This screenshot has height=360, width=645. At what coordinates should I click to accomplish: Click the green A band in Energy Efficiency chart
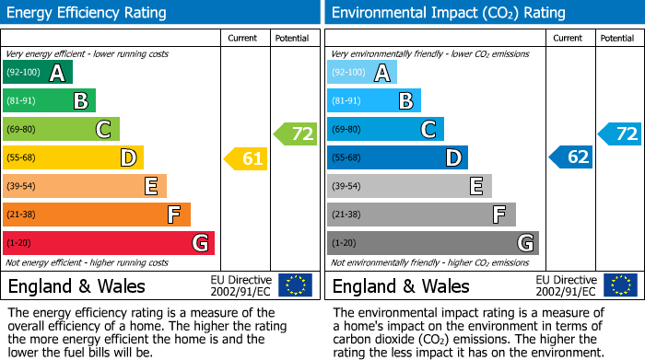pyautogui.click(x=38, y=73)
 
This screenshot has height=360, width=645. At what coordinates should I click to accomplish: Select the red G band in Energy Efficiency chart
pyautogui.click(x=109, y=243)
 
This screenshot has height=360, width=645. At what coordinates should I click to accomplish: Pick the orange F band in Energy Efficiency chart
pyautogui.click(x=97, y=215)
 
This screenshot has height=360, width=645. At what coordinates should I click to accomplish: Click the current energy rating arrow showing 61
pyautogui.click(x=246, y=158)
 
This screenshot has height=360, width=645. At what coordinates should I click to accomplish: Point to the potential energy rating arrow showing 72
pyautogui.click(x=296, y=134)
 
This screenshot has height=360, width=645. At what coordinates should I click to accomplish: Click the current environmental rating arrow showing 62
pyautogui.click(x=571, y=157)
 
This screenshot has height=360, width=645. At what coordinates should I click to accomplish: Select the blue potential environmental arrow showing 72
pyautogui.click(x=620, y=134)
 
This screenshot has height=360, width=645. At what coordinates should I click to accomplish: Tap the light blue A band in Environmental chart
pyautogui.click(x=362, y=73)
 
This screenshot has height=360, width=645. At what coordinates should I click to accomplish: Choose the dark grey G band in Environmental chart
pyautogui.click(x=433, y=243)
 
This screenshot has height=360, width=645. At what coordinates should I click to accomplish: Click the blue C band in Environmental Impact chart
pyautogui.click(x=385, y=130)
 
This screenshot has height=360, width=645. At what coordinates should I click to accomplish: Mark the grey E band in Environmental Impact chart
pyautogui.click(x=409, y=186)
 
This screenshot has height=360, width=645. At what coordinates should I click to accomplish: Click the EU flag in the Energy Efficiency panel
pyautogui.click(x=295, y=285)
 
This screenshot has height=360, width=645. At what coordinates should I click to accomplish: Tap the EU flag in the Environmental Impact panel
pyautogui.click(x=619, y=285)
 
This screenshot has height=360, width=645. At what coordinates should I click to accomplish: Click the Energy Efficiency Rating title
pyautogui.click(x=88, y=13)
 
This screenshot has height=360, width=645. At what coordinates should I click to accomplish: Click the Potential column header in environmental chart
pyautogui.click(x=617, y=38)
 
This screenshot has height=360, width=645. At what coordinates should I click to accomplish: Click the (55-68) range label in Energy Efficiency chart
pyautogui.click(x=21, y=158)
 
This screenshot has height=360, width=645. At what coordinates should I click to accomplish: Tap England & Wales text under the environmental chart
pyautogui.click(x=401, y=285)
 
